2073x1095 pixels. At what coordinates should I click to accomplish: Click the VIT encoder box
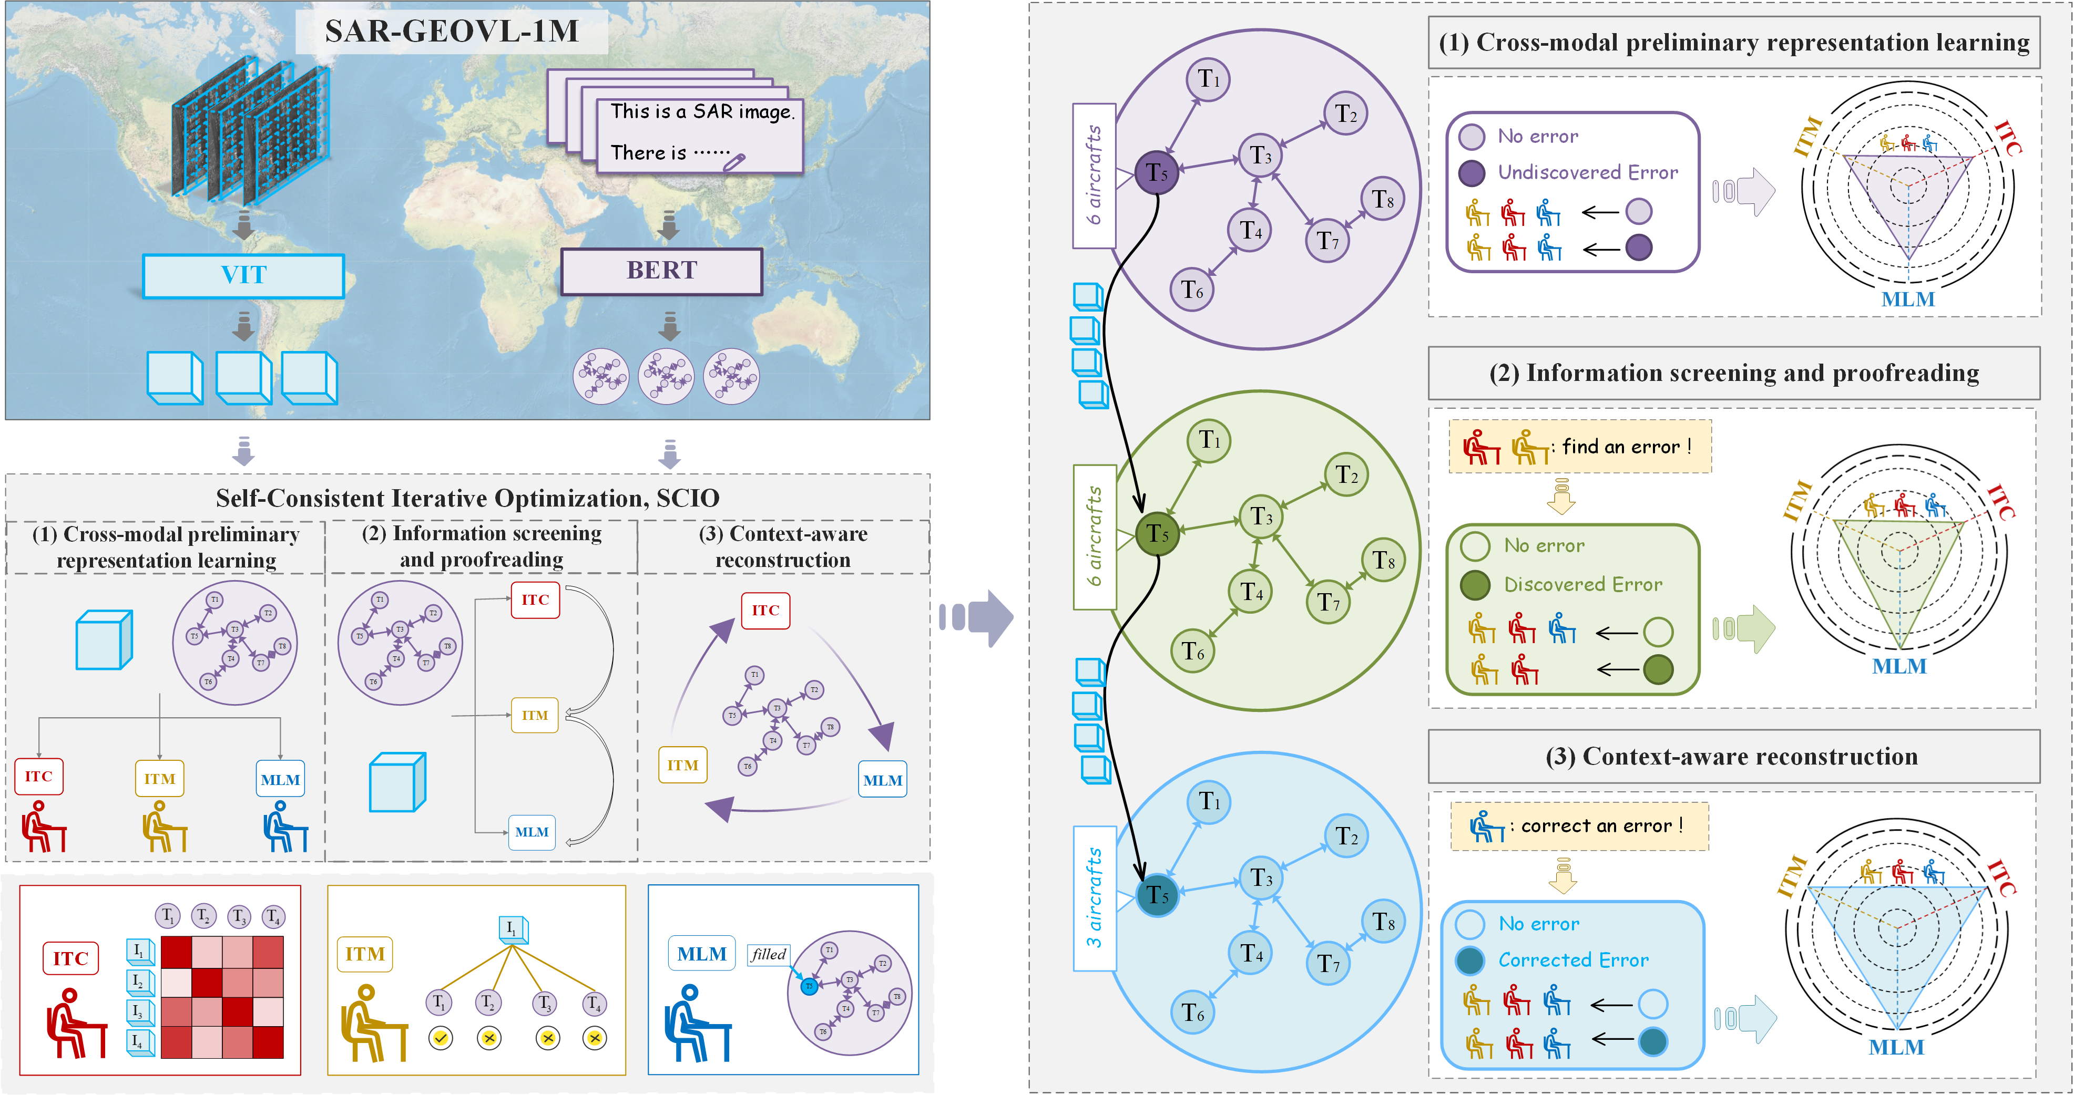click(243, 275)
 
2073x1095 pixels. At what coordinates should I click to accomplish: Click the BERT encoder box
click(661, 271)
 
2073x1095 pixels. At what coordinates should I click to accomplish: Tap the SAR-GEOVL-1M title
click(452, 32)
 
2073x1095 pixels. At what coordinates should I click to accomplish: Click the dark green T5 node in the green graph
click(1157, 533)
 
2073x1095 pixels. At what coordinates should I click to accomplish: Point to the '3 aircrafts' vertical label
click(1095, 897)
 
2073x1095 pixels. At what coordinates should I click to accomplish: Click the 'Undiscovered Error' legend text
click(1587, 172)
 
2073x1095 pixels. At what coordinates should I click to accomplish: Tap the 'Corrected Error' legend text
click(1572, 960)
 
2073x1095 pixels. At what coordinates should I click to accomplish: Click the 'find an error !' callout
click(1626, 447)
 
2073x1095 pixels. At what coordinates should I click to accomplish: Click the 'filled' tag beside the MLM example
click(768, 954)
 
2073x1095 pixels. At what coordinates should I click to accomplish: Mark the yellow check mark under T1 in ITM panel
click(440, 1038)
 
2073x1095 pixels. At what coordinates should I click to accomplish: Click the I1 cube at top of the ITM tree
click(513, 929)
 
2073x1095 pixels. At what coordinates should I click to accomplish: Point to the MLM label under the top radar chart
click(1907, 299)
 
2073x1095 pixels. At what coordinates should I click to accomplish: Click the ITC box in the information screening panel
click(535, 600)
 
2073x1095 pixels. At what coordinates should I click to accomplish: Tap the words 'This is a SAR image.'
click(702, 112)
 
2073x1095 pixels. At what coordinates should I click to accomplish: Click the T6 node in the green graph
click(1192, 651)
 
